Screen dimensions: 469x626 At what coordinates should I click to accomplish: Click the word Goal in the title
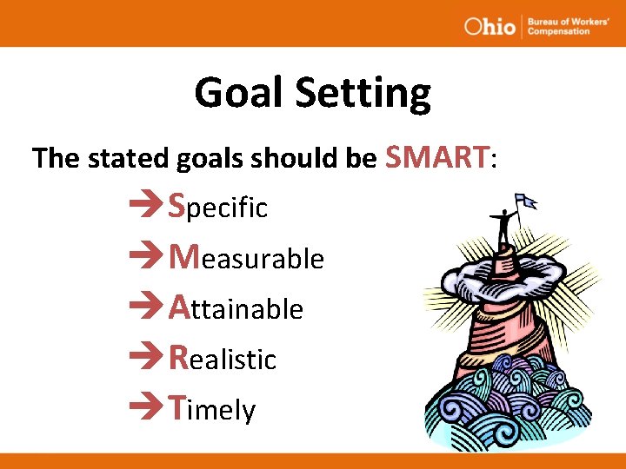235,93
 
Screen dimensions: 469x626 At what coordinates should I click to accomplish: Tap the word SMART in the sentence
437,157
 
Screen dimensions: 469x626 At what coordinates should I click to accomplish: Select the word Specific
218,207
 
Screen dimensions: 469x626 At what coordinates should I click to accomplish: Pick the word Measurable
246,257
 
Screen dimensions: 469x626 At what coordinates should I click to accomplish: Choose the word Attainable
236,307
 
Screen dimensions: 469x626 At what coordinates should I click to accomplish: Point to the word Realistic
223,357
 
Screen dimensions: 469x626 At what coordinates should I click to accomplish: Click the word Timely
212,407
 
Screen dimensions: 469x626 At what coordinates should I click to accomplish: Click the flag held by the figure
526,203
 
